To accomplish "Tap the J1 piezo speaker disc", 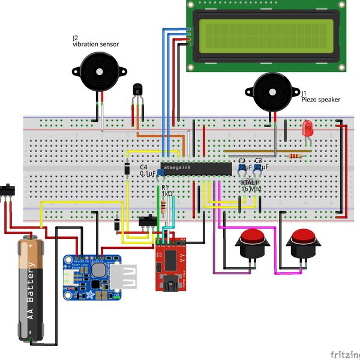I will pos(272,92).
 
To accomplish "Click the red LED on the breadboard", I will pos(308,128).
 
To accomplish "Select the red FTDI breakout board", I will pos(171,264).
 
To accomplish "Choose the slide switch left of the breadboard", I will pos(8,190).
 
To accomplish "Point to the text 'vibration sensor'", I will pos(95,44).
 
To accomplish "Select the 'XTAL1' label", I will pos(249,182).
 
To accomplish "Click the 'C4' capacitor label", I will pos(143,166).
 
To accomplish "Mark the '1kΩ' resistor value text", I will pos(167,194).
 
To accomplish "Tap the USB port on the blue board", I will pos(128,280).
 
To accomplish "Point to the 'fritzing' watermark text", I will pos(344,353).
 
